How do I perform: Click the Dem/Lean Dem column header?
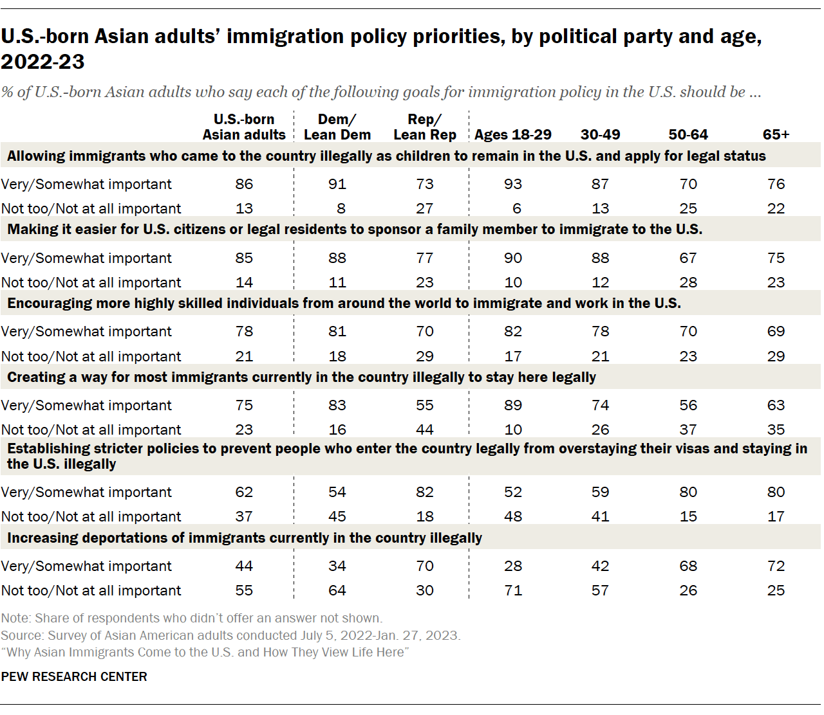(337, 127)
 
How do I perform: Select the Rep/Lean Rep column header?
(425, 127)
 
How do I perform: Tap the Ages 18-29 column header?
(513, 135)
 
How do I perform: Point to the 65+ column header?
(776, 135)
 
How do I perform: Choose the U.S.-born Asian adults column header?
(244, 127)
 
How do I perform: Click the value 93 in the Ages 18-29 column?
(513, 185)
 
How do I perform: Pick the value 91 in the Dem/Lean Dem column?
(337, 185)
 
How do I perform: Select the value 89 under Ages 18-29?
(513, 406)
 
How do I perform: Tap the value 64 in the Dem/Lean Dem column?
(337, 591)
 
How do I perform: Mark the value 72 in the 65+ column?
(776, 566)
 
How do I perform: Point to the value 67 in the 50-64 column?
(688, 258)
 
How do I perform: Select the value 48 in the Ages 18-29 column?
(513, 517)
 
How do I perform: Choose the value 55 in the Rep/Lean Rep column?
(425, 406)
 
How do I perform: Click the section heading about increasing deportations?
(245, 538)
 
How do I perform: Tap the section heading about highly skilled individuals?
(344, 303)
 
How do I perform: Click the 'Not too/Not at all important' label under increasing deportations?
(91, 591)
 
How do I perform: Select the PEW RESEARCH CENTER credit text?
(74, 677)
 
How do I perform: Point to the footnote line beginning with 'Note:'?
(192, 619)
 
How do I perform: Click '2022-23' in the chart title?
(43, 62)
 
